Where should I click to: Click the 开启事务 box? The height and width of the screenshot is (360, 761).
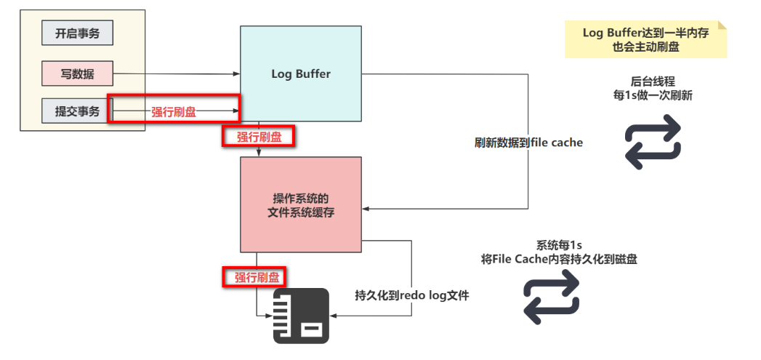click(77, 33)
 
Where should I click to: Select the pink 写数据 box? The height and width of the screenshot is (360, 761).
click(77, 73)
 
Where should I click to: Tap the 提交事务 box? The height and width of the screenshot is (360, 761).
click(77, 111)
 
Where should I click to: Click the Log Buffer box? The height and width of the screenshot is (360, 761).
click(301, 74)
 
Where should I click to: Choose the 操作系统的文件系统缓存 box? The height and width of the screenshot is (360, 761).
click(301, 204)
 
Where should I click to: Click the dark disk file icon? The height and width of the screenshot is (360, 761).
click(301, 316)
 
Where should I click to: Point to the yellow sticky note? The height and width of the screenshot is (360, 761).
click(645, 39)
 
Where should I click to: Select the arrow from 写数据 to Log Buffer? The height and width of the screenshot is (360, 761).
click(177, 74)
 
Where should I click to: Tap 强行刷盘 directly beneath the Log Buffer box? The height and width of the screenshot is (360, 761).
click(259, 137)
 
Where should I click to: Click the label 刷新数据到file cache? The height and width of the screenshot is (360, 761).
click(528, 143)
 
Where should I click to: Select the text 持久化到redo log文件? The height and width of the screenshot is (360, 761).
click(412, 295)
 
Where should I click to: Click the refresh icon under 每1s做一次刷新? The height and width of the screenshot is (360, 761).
click(653, 142)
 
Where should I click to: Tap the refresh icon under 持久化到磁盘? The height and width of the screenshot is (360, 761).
click(552, 296)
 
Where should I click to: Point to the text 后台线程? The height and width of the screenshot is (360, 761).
click(653, 82)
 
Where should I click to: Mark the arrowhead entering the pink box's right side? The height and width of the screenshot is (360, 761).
click(365, 209)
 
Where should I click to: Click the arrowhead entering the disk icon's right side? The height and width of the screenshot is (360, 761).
click(333, 316)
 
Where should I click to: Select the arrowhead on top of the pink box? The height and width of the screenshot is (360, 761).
click(259, 153)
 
